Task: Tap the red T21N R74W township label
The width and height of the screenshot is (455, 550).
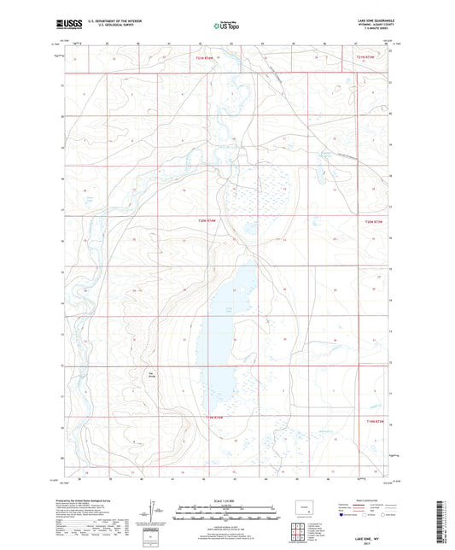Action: point(197,58)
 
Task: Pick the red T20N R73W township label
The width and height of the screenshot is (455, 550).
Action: point(376,221)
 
